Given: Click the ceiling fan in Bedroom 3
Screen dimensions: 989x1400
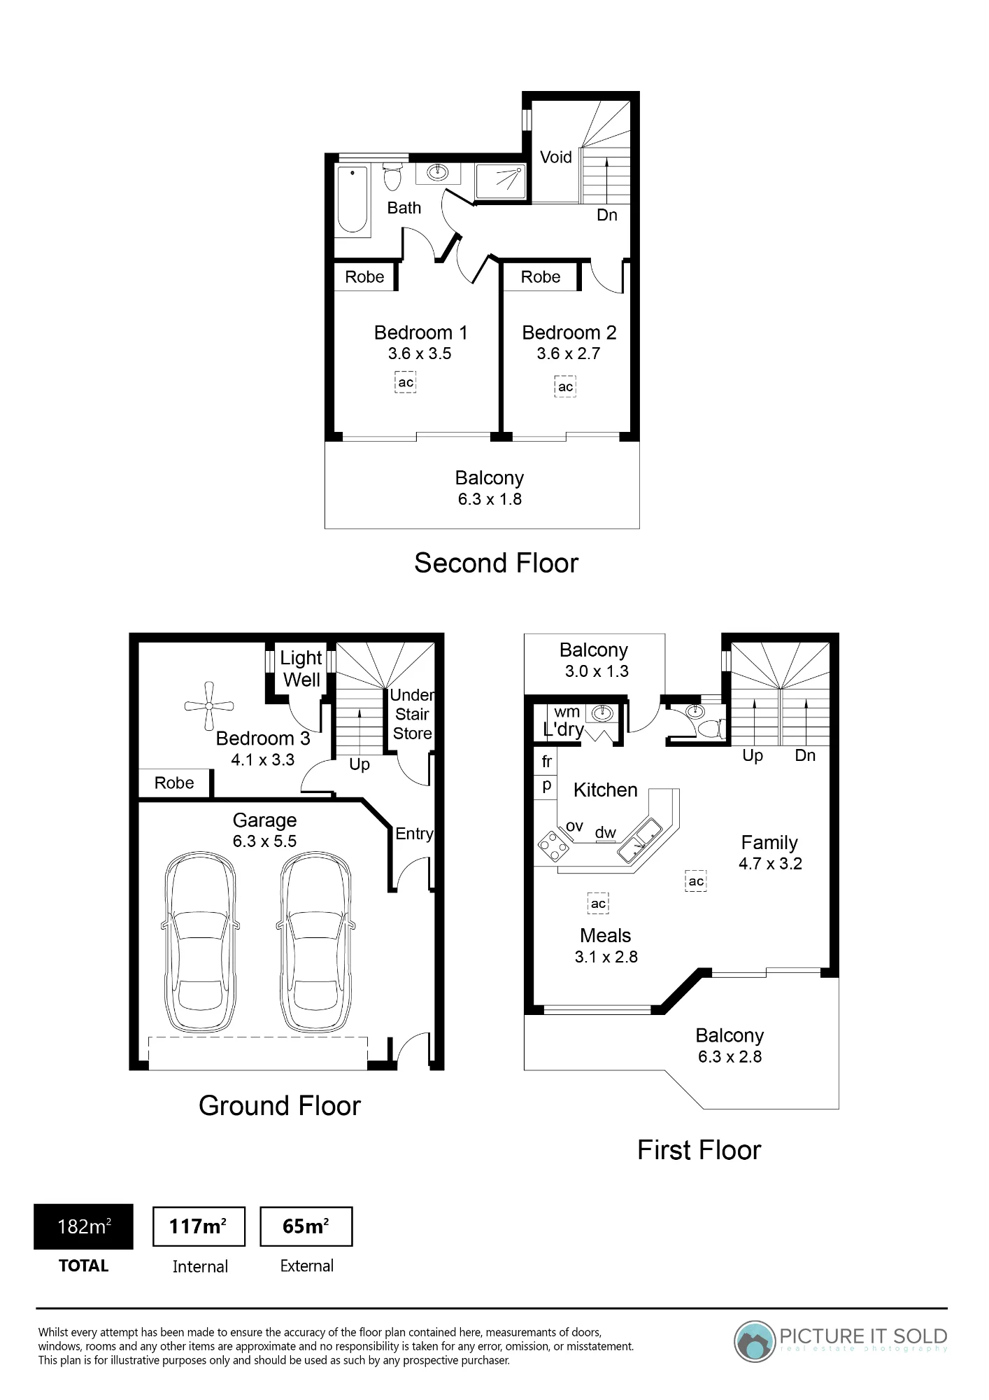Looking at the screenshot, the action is point(209,706).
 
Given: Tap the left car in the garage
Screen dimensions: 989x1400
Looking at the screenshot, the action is point(201,944).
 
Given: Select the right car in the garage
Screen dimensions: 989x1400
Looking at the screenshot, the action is point(315,944).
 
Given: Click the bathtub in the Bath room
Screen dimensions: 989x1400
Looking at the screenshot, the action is point(353,199).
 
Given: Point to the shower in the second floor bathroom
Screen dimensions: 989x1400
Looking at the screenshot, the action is point(500,181).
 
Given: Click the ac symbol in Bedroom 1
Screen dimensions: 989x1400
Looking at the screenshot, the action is point(406,382).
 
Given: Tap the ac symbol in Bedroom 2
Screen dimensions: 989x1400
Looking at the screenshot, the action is point(565,386).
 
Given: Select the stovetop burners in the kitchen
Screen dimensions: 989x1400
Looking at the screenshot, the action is point(554,846).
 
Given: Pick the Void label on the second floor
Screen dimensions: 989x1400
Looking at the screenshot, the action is point(556,157).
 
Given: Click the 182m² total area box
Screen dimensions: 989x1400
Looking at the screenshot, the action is point(83,1226).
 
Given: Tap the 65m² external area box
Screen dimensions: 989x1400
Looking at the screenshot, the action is point(306,1226).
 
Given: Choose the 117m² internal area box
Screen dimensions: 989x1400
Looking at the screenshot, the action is point(199,1226).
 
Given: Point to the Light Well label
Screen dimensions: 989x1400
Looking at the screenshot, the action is point(301,668).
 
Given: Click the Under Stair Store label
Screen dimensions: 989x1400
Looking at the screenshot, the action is point(412,714).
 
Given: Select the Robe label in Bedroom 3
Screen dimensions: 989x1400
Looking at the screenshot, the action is point(174,783).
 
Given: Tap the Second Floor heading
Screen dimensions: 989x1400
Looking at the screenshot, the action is point(497,563).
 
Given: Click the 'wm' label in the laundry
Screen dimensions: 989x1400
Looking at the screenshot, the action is point(567,712).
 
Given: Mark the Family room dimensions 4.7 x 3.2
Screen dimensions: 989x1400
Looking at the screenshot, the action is point(770,864).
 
